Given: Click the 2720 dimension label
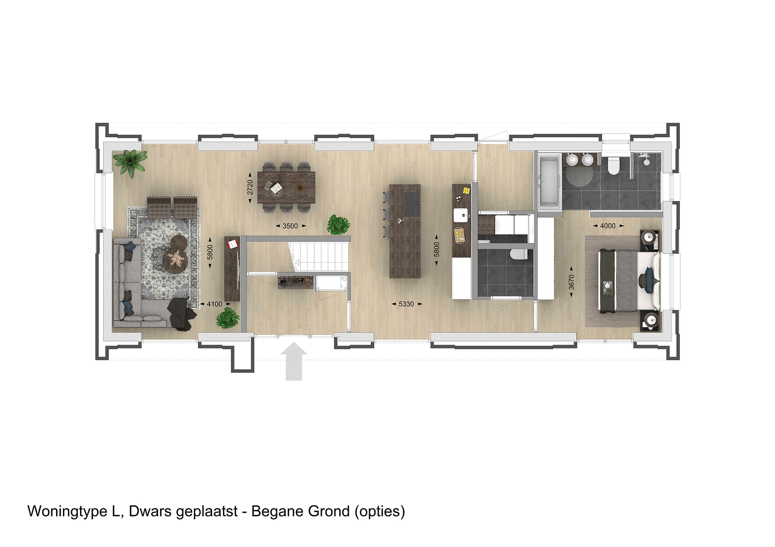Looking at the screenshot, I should tap(250, 187).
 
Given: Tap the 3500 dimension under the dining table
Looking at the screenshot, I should tap(290, 226).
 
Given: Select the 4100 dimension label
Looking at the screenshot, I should tap(214, 304).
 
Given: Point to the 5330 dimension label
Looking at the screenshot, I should tap(406, 304).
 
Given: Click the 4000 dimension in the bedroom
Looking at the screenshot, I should tap(608, 226).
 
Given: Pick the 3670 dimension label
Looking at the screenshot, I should tap(572, 282).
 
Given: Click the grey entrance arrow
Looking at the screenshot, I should tap(294, 360).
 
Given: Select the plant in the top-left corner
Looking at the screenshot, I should tap(130, 162).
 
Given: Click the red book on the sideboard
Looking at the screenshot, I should tap(232, 244).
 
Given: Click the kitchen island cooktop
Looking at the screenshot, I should tap(411, 204).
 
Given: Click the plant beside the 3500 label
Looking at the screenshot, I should tap(338, 225).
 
